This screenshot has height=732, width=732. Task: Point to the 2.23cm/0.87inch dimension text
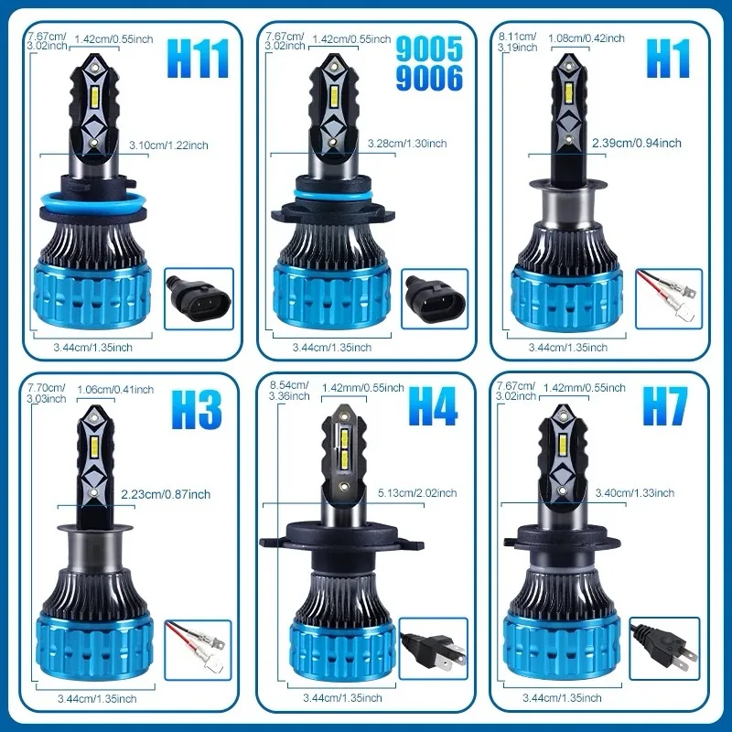[165, 494]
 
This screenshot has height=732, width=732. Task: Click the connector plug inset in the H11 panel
[194, 297]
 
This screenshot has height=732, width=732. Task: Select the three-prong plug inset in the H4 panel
[433, 648]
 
